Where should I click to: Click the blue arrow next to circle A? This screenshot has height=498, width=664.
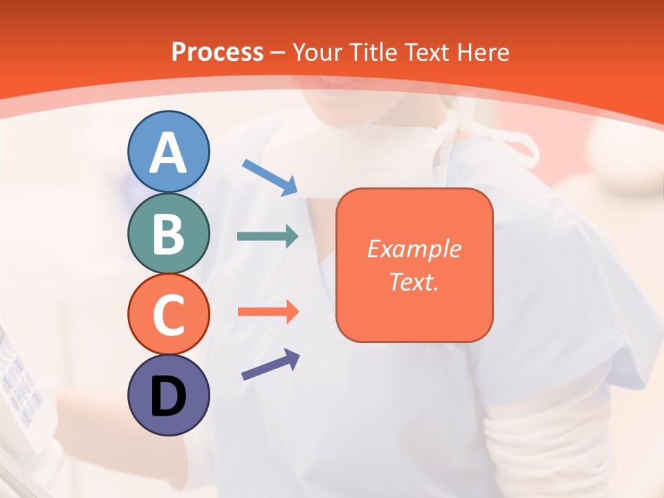(x=270, y=176)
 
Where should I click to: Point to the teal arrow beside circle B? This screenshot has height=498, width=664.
(x=268, y=237)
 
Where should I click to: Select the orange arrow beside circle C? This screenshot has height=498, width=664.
(x=268, y=311)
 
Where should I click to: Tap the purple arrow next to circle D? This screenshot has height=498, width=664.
(x=270, y=365)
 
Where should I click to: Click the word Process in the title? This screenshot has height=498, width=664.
(x=217, y=52)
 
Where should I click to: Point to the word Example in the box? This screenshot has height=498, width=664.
(x=414, y=249)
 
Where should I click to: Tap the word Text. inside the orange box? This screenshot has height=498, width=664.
(x=414, y=282)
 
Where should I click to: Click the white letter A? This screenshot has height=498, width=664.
(x=169, y=153)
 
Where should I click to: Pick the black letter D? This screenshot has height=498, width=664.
(x=169, y=398)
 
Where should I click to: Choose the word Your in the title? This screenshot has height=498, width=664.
(x=318, y=52)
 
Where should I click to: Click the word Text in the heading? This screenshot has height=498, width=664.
(x=427, y=52)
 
